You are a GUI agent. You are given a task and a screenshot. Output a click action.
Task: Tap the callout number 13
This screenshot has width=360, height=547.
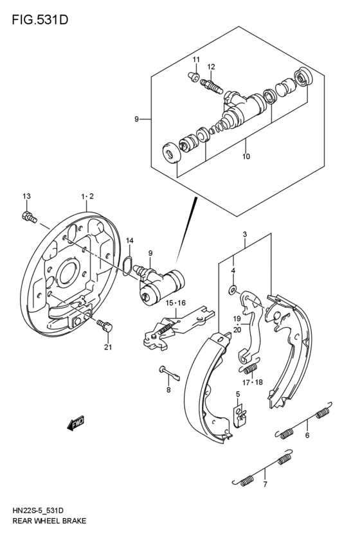(x=26, y=196)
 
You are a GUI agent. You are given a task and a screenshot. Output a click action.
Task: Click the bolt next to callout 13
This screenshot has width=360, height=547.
(x=28, y=217)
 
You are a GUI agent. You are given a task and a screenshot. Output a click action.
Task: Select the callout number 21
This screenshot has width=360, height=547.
(x=107, y=348)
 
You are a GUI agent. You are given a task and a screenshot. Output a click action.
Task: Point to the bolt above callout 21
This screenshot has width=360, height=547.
(x=105, y=327)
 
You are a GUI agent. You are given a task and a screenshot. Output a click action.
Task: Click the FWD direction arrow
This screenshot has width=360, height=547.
(x=75, y=423)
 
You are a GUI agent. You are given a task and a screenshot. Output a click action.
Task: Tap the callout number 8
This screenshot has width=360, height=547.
(x=168, y=390)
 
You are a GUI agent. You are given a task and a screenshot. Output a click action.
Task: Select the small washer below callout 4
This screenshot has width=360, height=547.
(x=233, y=291)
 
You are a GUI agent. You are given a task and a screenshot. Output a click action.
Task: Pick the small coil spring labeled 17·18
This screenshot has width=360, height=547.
(x=249, y=369)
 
